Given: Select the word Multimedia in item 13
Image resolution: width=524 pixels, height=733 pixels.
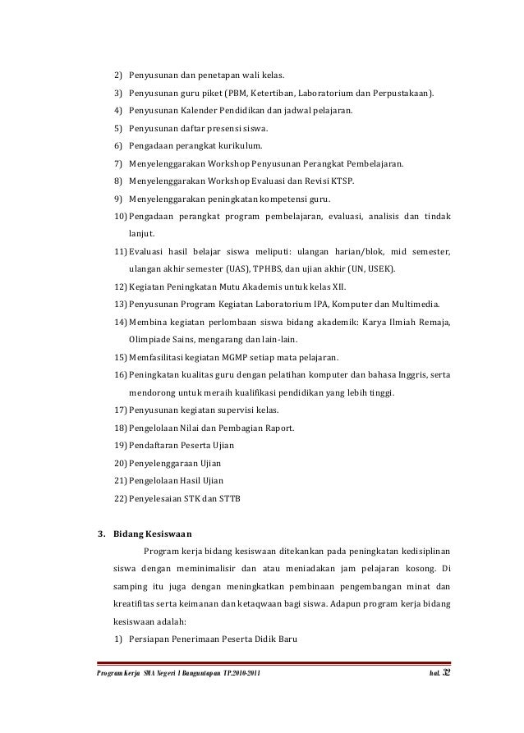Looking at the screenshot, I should coord(416,304).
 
